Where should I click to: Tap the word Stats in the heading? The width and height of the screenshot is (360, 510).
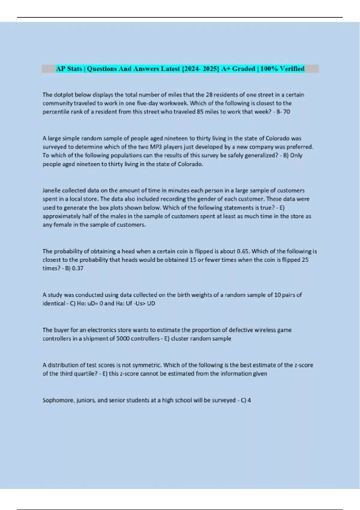pos(75,69)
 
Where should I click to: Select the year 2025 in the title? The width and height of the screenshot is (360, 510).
pos(211,69)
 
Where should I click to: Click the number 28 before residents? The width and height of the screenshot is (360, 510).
pos(209,95)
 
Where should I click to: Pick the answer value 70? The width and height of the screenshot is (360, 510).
pos(286,112)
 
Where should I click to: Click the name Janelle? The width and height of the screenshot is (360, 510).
pos(52,190)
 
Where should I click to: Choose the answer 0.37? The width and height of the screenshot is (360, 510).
pos(78,268)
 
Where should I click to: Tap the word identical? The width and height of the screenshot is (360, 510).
pos(54,303)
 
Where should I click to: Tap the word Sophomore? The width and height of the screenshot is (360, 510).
pos(58,400)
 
